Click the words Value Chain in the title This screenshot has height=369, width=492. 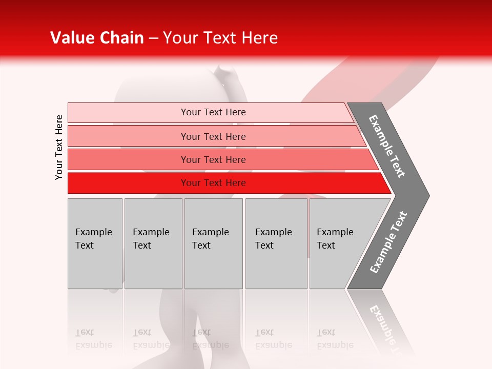(x=97, y=38)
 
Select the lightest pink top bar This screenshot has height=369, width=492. (x=128, y=113)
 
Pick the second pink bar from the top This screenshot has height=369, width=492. (x=128, y=136)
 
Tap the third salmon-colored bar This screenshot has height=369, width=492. (x=128, y=159)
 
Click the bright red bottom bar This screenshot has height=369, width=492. (x=128, y=183)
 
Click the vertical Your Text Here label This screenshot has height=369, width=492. (x=59, y=147)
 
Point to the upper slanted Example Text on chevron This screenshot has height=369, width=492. (x=387, y=146)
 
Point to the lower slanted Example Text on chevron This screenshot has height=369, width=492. (x=388, y=242)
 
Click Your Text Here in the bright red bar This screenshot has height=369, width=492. (x=213, y=183)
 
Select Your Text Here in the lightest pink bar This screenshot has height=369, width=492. (x=213, y=112)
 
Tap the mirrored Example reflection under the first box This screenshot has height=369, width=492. (x=93, y=345)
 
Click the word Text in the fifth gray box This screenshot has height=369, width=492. (x=326, y=245)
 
